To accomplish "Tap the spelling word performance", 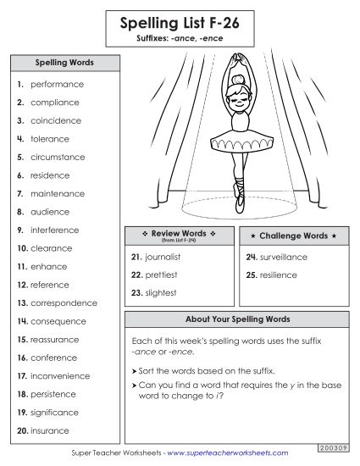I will pos(57,85).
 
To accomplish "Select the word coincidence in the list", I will pos(56,121).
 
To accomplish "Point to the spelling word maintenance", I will pos(58,194).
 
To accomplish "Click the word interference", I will pos(55,230).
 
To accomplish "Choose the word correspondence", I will pos(64,303).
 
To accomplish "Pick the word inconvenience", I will pos(60,376).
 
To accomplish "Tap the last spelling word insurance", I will pos(50,431).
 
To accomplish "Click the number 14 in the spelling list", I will pos(22,322).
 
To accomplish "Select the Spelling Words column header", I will pos(64,63).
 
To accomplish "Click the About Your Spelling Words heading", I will pos(237,319).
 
